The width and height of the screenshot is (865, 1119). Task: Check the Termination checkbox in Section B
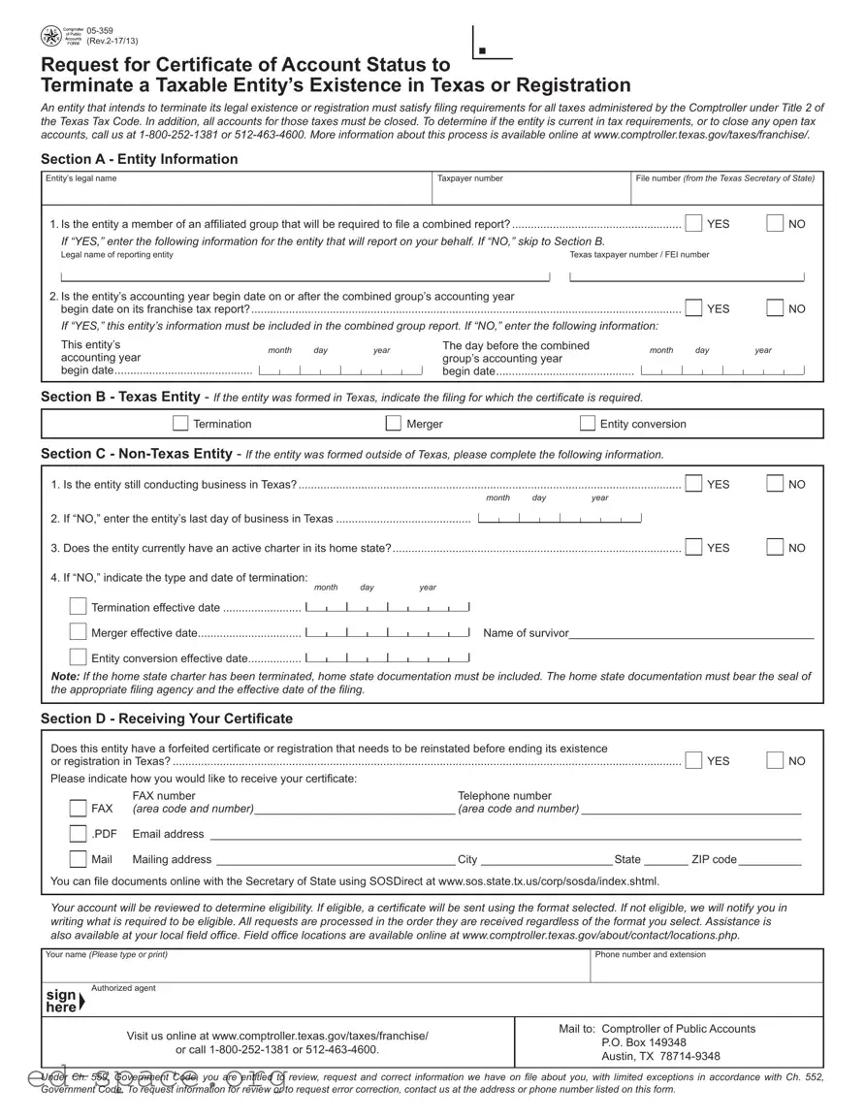[180, 423]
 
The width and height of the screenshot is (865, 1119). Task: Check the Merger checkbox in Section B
[394, 423]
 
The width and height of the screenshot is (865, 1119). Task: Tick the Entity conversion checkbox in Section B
[588, 423]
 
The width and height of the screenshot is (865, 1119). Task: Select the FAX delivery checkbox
[78, 808]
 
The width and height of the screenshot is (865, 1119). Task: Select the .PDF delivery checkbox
[78, 834]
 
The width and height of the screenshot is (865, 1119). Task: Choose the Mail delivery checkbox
[78, 859]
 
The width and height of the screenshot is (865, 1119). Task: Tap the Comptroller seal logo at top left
[50, 37]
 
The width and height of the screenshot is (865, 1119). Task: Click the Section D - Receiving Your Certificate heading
[166, 719]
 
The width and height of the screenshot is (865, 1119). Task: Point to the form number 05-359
[99, 31]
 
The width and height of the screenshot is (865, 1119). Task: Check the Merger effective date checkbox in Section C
[78, 632]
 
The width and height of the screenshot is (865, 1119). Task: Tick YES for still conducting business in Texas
[694, 484]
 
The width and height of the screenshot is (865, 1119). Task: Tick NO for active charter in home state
[776, 547]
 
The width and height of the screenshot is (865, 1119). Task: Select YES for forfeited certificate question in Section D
[694, 760]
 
